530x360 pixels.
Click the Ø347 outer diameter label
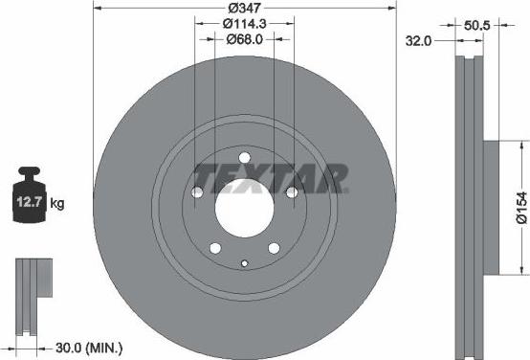244,8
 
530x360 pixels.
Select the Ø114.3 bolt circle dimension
244,23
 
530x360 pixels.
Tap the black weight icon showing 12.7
28,199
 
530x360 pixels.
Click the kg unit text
57,203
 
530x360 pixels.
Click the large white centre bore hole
244,204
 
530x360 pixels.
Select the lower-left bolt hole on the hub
215,247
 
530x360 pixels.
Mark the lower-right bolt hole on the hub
274,247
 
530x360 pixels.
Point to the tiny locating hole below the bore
245,264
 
